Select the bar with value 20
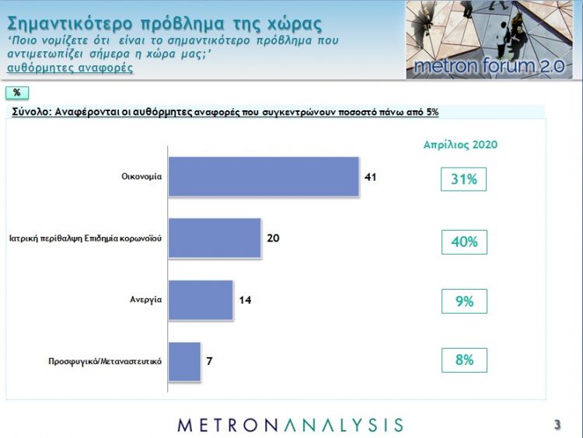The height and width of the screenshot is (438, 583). pos(215,238)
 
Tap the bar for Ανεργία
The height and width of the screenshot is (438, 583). pos(201,300)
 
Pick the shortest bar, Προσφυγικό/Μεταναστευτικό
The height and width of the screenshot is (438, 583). pos(184,361)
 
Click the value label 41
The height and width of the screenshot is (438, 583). pos(371,177)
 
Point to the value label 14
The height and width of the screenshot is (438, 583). pos(246,300)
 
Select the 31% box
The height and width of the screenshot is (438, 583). pos(464,180)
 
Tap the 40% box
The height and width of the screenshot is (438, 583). pos(464,242)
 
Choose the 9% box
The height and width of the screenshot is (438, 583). pos(464,301)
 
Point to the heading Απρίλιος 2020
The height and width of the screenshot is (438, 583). pos(460,144)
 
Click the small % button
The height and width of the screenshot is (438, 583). pos(16,93)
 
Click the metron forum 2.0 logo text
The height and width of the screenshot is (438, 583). pos(490,66)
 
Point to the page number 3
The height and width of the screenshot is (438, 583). pos(557,424)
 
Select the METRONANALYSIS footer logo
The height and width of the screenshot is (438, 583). pos(291,424)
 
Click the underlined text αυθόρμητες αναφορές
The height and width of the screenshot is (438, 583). pos(69,68)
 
